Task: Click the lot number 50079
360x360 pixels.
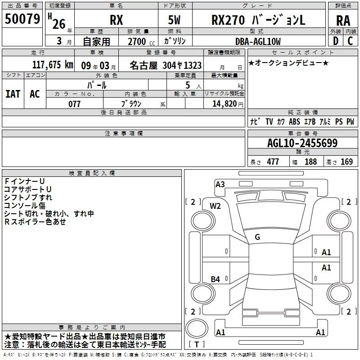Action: coord(22,19)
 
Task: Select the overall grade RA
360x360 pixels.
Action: coord(343,21)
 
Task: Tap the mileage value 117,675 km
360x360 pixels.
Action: coord(53,65)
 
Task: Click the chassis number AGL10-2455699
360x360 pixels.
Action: coord(302,143)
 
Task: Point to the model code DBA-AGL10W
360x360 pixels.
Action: coord(258,41)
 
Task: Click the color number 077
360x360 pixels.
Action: coord(74,104)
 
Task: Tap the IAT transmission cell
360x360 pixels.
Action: coord(13,94)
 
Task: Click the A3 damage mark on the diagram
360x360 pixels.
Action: coord(220,184)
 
